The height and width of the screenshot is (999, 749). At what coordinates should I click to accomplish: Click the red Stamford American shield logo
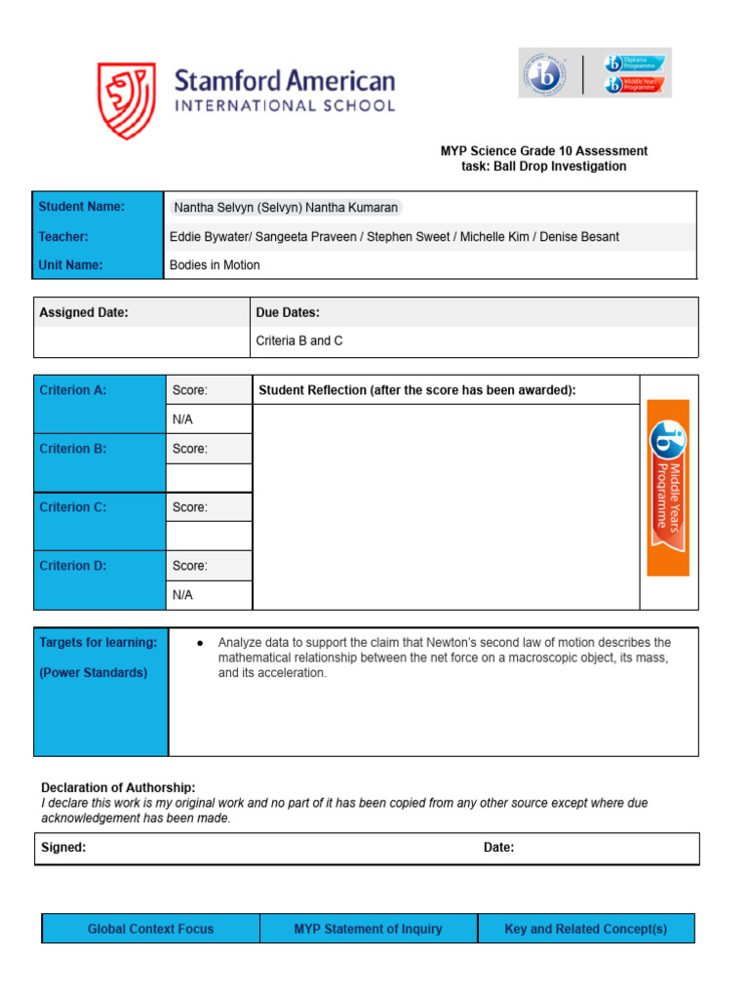pos(126,101)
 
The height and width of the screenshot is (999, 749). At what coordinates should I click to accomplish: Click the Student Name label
pos(82,207)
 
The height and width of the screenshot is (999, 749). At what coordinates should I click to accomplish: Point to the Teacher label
pos(63,236)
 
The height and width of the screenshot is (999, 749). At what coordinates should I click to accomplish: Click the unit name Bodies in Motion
pos(215,265)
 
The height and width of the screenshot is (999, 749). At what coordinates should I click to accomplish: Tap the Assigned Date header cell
pos(84,312)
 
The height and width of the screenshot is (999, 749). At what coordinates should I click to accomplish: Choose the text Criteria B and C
pos(299,341)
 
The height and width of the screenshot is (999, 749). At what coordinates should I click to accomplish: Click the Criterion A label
pos(72,390)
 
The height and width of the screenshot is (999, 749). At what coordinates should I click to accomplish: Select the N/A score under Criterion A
pos(183,420)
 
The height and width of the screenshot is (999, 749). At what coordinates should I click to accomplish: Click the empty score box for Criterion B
pos(209,478)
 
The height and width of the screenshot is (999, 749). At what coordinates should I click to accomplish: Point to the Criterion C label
pos(72,507)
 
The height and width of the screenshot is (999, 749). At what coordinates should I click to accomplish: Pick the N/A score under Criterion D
pos(183,594)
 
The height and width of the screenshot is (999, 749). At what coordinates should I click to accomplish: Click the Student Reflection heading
pos(417,390)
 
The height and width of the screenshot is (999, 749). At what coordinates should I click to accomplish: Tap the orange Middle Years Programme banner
pos(669,487)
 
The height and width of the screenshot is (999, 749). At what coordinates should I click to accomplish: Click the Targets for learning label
pos(98,643)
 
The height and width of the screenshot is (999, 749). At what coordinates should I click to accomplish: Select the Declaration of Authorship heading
pos(118,787)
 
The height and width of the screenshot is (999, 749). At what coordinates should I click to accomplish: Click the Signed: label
pos(63,848)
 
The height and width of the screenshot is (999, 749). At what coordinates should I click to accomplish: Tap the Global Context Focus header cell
pos(150,929)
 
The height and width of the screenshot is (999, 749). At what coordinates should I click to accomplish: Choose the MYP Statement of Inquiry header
pos(368,929)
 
